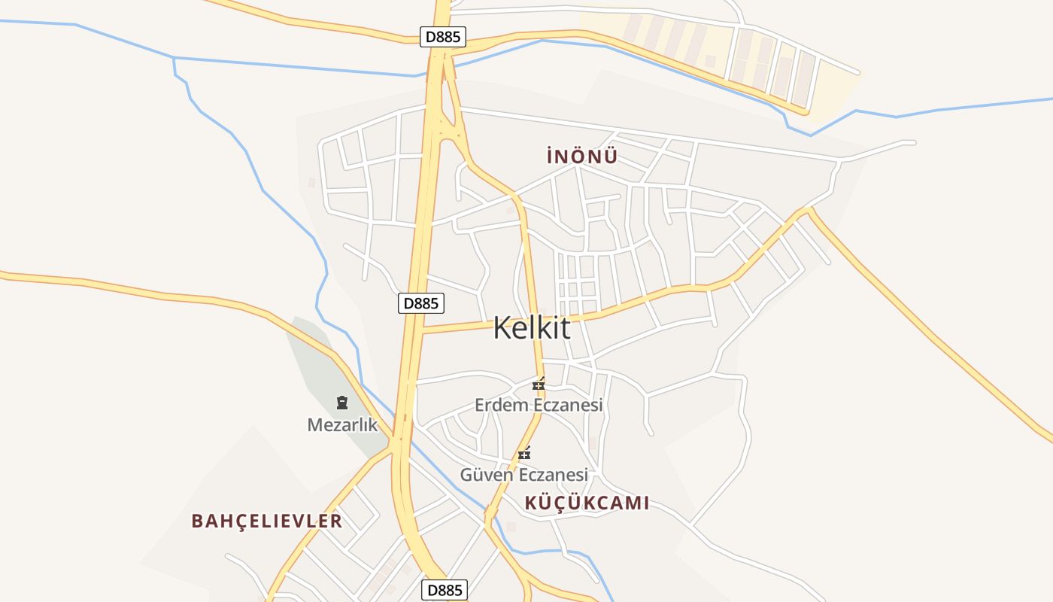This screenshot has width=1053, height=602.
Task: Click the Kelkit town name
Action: (x=532, y=329)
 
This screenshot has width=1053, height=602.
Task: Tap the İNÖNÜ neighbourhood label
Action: (x=582, y=157)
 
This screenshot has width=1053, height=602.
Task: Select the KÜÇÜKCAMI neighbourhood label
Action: (x=586, y=503)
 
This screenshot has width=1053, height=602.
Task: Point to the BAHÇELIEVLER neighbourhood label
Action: (x=266, y=521)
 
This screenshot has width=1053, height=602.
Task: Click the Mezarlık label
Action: (x=342, y=424)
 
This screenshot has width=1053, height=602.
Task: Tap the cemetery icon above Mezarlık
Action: (x=342, y=403)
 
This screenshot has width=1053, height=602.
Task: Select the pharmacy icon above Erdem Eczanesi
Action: (x=539, y=384)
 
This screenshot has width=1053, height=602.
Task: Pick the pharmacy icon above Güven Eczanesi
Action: (x=524, y=453)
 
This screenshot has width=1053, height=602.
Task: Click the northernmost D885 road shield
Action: (x=442, y=36)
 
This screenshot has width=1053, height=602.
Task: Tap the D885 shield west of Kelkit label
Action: (x=420, y=303)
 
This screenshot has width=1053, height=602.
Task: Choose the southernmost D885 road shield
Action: (x=444, y=590)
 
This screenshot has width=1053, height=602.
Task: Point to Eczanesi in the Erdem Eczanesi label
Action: (x=568, y=405)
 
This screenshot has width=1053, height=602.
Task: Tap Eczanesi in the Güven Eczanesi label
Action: (x=553, y=475)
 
